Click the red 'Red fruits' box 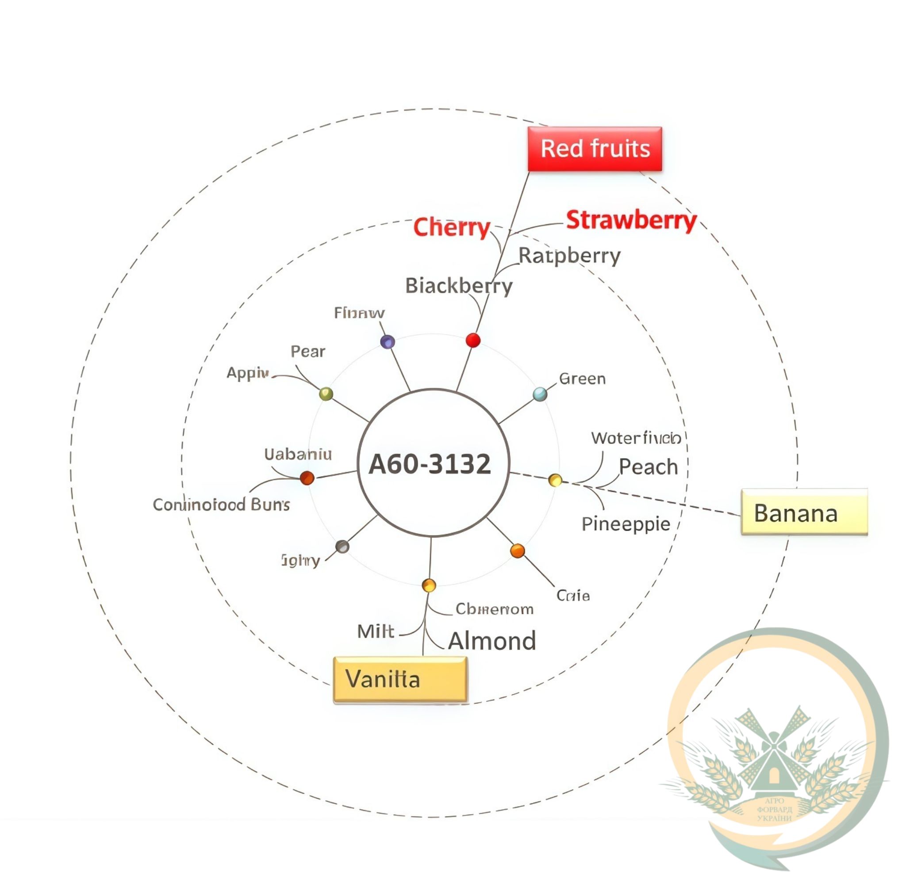pyautogui.click(x=595, y=149)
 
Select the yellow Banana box pyautogui.click(x=804, y=512)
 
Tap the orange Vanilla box pyautogui.click(x=400, y=679)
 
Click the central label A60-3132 pyautogui.click(x=430, y=464)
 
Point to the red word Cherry pyautogui.click(x=451, y=227)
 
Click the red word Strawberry pyautogui.click(x=631, y=220)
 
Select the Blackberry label pyautogui.click(x=459, y=286)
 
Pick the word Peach pyautogui.click(x=648, y=467)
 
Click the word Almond pyautogui.click(x=492, y=641)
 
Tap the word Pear pyautogui.click(x=308, y=352)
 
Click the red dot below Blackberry pyautogui.click(x=473, y=340)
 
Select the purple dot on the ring pyautogui.click(x=388, y=342)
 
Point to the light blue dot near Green pyautogui.click(x=540, y=394)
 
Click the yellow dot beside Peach pyautogui.click(x=555, y=480)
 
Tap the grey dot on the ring pyautogui.click(x=342, y=547)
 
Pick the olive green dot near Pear pyautogui.click(x=326, y=394)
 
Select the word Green pyautogui.click(x=582, y=379)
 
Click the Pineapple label pyautogui.click(x=626, y=524)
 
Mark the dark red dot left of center pyautogui.click(x=307, y=478)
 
